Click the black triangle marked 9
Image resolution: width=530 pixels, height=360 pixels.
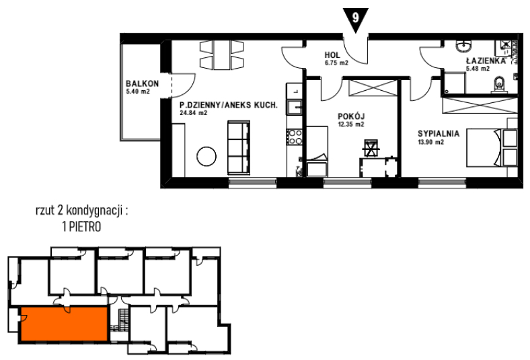point(355,19)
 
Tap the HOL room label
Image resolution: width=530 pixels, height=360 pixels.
point(332,55)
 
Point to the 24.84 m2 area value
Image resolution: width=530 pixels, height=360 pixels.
point(193,113)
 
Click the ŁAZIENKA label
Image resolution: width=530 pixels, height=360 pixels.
point(486,61)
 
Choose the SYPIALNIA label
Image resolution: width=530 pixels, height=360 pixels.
point(439,133)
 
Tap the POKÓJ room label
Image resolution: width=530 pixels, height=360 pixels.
point(351,116)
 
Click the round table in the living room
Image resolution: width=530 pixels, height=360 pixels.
point(206,157)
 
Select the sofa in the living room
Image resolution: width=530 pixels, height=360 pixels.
point(239,148)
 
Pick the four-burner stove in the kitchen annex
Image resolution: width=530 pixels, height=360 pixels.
point(295,137)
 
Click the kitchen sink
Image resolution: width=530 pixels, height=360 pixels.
point(295,108)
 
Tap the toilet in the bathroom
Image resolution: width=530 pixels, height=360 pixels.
point(499,84)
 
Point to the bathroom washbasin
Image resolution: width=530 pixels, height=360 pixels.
point(466,46)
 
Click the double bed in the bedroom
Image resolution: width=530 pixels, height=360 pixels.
point(492,147)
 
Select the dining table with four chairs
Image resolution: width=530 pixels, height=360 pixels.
point(222,55)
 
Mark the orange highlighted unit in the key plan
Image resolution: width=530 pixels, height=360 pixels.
point(64,324)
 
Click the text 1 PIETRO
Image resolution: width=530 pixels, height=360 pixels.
point(81,227)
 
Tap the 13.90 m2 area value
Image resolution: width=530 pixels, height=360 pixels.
point(431,142)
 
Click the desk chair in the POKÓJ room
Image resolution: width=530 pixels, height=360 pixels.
point(371,148)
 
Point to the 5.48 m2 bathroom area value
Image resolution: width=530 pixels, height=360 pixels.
point(478,69)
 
